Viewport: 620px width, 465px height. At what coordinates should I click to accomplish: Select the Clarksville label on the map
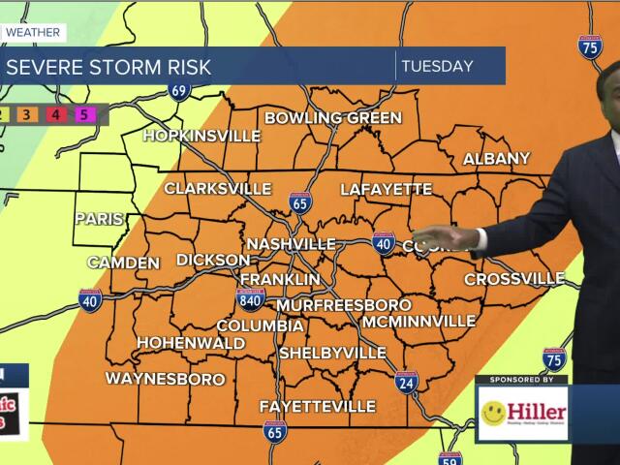[217, 188]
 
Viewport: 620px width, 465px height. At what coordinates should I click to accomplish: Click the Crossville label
[514, 279]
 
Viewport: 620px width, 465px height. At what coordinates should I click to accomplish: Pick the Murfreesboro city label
[330, 305]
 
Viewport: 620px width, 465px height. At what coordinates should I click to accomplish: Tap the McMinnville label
[418, 321]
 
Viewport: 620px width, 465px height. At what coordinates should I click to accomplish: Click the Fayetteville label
[317, 405]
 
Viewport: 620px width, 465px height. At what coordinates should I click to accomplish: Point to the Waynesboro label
[165, 379]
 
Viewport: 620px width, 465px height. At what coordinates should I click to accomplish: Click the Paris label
[99, 219]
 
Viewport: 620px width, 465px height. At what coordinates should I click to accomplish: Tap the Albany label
[496, 159]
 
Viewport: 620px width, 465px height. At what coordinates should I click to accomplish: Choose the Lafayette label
[386, 189]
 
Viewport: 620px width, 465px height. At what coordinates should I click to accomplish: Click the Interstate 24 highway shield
[407, 381]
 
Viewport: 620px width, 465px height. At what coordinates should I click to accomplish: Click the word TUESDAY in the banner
[437, 67]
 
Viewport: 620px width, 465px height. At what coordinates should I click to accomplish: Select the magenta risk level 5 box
[83, 114]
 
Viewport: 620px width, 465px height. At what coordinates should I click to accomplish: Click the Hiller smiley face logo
[493, 414]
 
